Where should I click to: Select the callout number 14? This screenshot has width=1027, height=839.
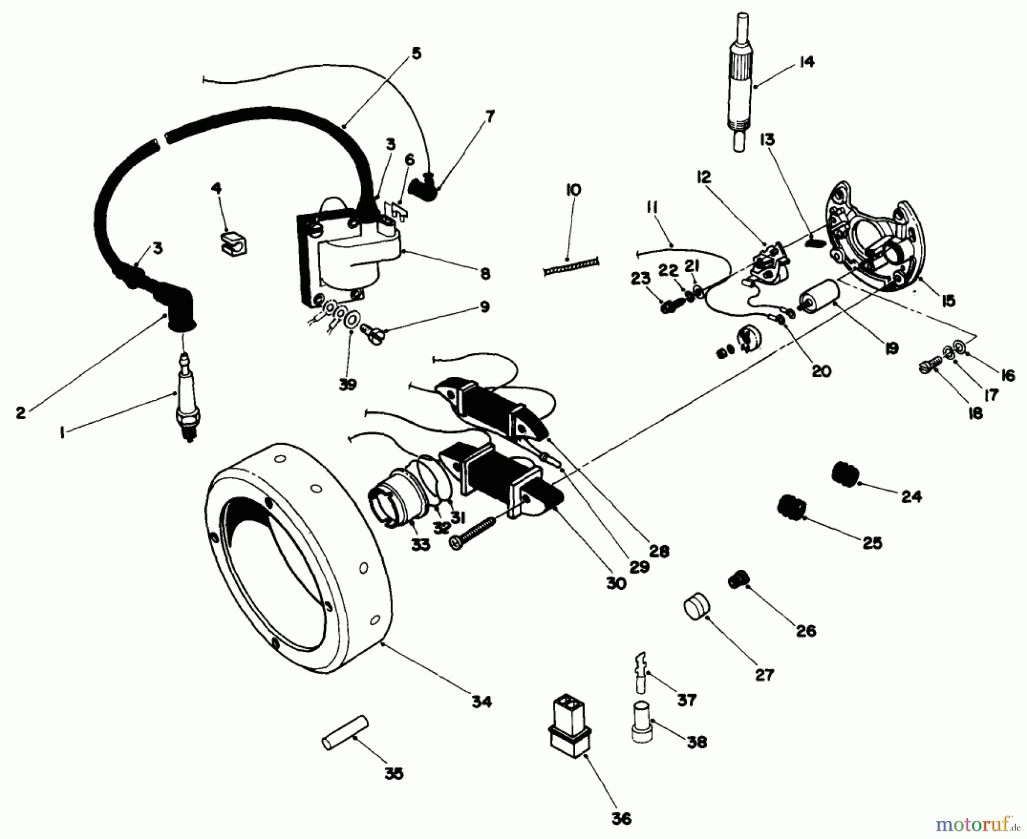coord(806,62)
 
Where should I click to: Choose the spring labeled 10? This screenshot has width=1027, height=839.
coord(571,266)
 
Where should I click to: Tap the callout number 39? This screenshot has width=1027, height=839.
coord(347,385)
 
